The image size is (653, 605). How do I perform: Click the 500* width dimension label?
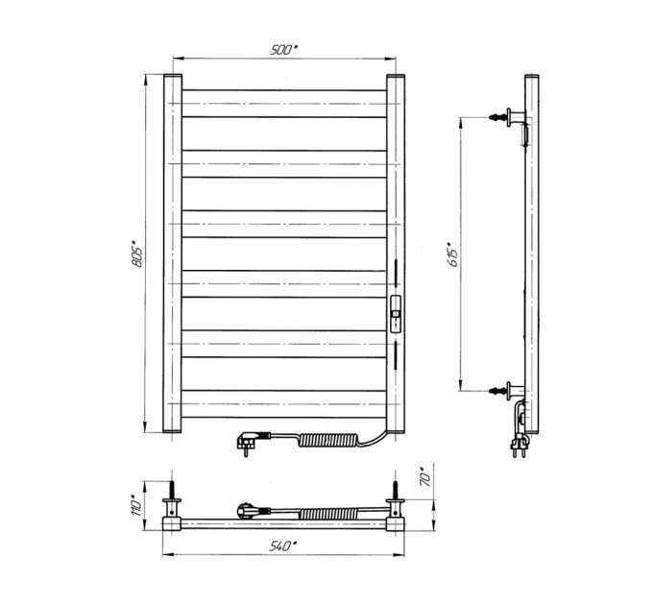284,50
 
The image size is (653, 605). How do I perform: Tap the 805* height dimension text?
137,254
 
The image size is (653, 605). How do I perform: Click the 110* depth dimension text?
137,505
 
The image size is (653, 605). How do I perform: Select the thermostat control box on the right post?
396,313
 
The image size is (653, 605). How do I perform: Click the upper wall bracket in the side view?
509,117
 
